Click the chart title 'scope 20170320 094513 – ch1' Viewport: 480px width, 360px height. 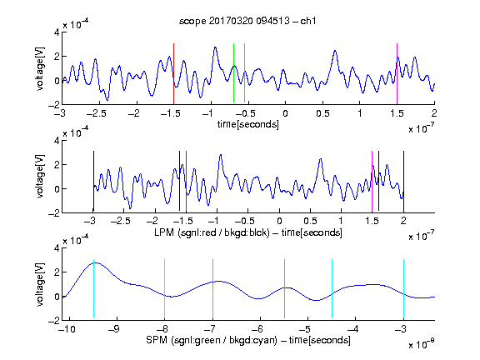pyautogui.click(x=247, y=21)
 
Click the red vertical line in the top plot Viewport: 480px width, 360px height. pyautogui.click(x=173, y=74)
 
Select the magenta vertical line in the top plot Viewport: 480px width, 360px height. pyautogui.click(x=397, y=74)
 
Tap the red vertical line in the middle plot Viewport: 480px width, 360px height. pyautogui.click(x=186, y=181)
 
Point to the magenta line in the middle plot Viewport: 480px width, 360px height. pyautogui.click(x=372, y=181)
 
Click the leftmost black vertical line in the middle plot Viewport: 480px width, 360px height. pyautogui.click(x=93, y=181)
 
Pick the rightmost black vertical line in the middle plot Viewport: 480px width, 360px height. pyautogui.click(x=403, y=181)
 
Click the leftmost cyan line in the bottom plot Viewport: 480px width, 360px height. pyautogui.click(x=93, y=288)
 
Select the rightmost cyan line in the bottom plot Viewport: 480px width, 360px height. pyautogui.click(x=403, y=288)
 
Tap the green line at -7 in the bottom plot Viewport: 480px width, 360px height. pyautogui.click(x=212, y=288)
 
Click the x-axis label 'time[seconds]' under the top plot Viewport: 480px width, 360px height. pyautogui.click(x=248, y=124)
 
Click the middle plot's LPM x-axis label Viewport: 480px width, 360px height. pyautogui.click(x=248, y=232)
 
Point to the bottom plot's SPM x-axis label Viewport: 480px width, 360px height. pyautogui.click(x=248, y=340)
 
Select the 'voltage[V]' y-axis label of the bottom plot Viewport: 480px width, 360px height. pyautogui.click(x=40, y=284)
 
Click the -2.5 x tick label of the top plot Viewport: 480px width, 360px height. pyautogui.click(x=97, y=113)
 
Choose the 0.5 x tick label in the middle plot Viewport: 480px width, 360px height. pyautogui.click(x=310, y=221)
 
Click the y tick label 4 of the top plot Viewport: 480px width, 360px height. pyautogui.click(x=57, y=32)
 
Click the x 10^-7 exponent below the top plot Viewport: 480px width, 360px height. pyautogui.click(x=422, y=128)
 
